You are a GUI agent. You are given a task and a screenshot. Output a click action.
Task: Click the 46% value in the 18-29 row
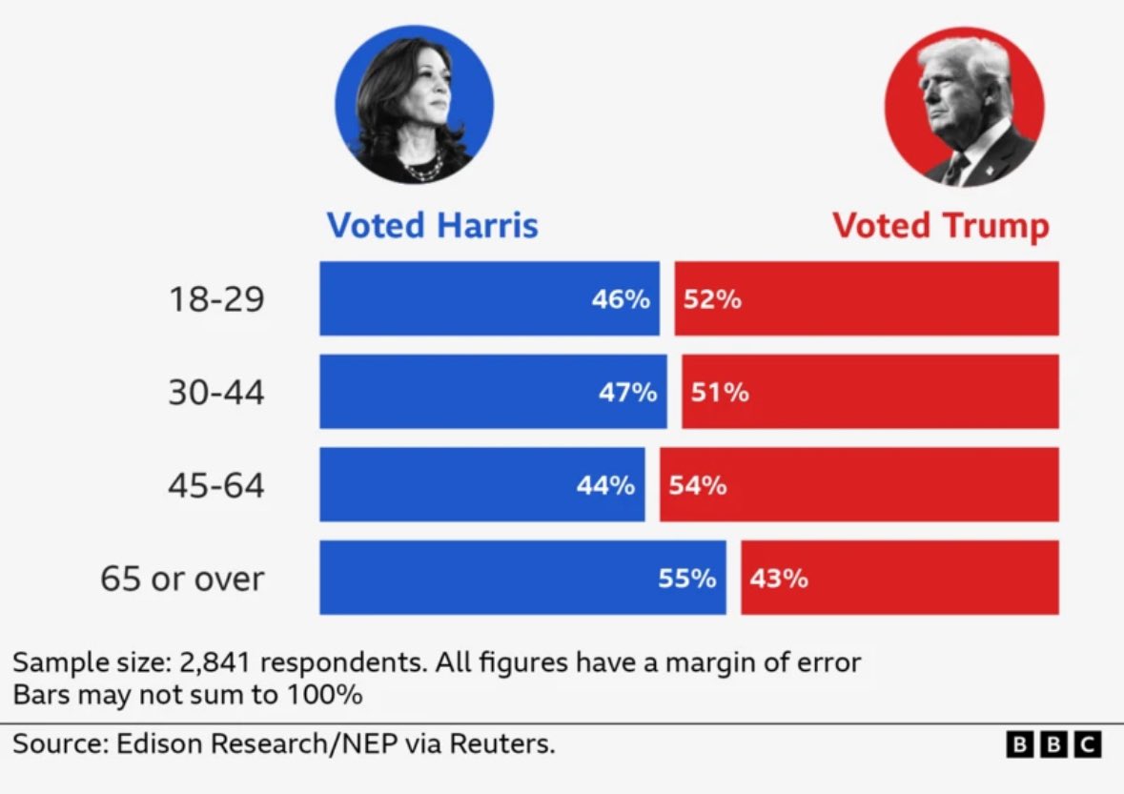pyautogui.click(x=621, y=299)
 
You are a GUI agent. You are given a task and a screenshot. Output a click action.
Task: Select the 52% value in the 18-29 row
pyautogui.click(x=712, y=299)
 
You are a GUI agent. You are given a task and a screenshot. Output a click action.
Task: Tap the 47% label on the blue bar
pyautogui.click(x=627, y=392)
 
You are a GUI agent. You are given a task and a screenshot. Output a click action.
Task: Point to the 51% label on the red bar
pyautogui.click(x=720, y=392)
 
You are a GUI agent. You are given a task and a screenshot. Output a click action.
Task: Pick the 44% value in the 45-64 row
pyautogui.click(x=605, y=485)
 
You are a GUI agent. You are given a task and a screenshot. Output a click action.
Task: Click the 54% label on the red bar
pyautogui.click(x=697, y=485)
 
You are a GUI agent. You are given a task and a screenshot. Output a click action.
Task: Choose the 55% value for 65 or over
pyautogui.click(x=686, y=578)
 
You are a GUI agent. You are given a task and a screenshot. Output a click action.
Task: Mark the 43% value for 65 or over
pyautogui.click(x=779, y=578)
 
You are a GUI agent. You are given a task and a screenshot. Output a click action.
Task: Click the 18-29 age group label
pyautogui.click(x=216, y=299)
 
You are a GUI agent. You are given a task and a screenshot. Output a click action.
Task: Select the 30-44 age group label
pyautogui.click(x=216, y=392)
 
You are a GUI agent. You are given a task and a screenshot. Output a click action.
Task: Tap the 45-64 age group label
pyautogui.click(x=216, y=485)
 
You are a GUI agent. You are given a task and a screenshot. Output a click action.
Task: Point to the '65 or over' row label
pyautogui.click(x=182, y=578)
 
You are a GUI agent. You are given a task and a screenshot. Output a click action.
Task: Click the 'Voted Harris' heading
pyautogui.click(x=432, y=226)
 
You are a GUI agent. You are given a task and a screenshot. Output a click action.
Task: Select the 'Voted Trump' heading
pyautogui.click(x=940, y=226)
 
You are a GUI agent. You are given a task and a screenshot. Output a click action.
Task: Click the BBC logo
pyautogui.click(x=1053, y=743)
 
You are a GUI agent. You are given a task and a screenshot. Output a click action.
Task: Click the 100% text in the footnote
pyautogui.click(x=324, y=694)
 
